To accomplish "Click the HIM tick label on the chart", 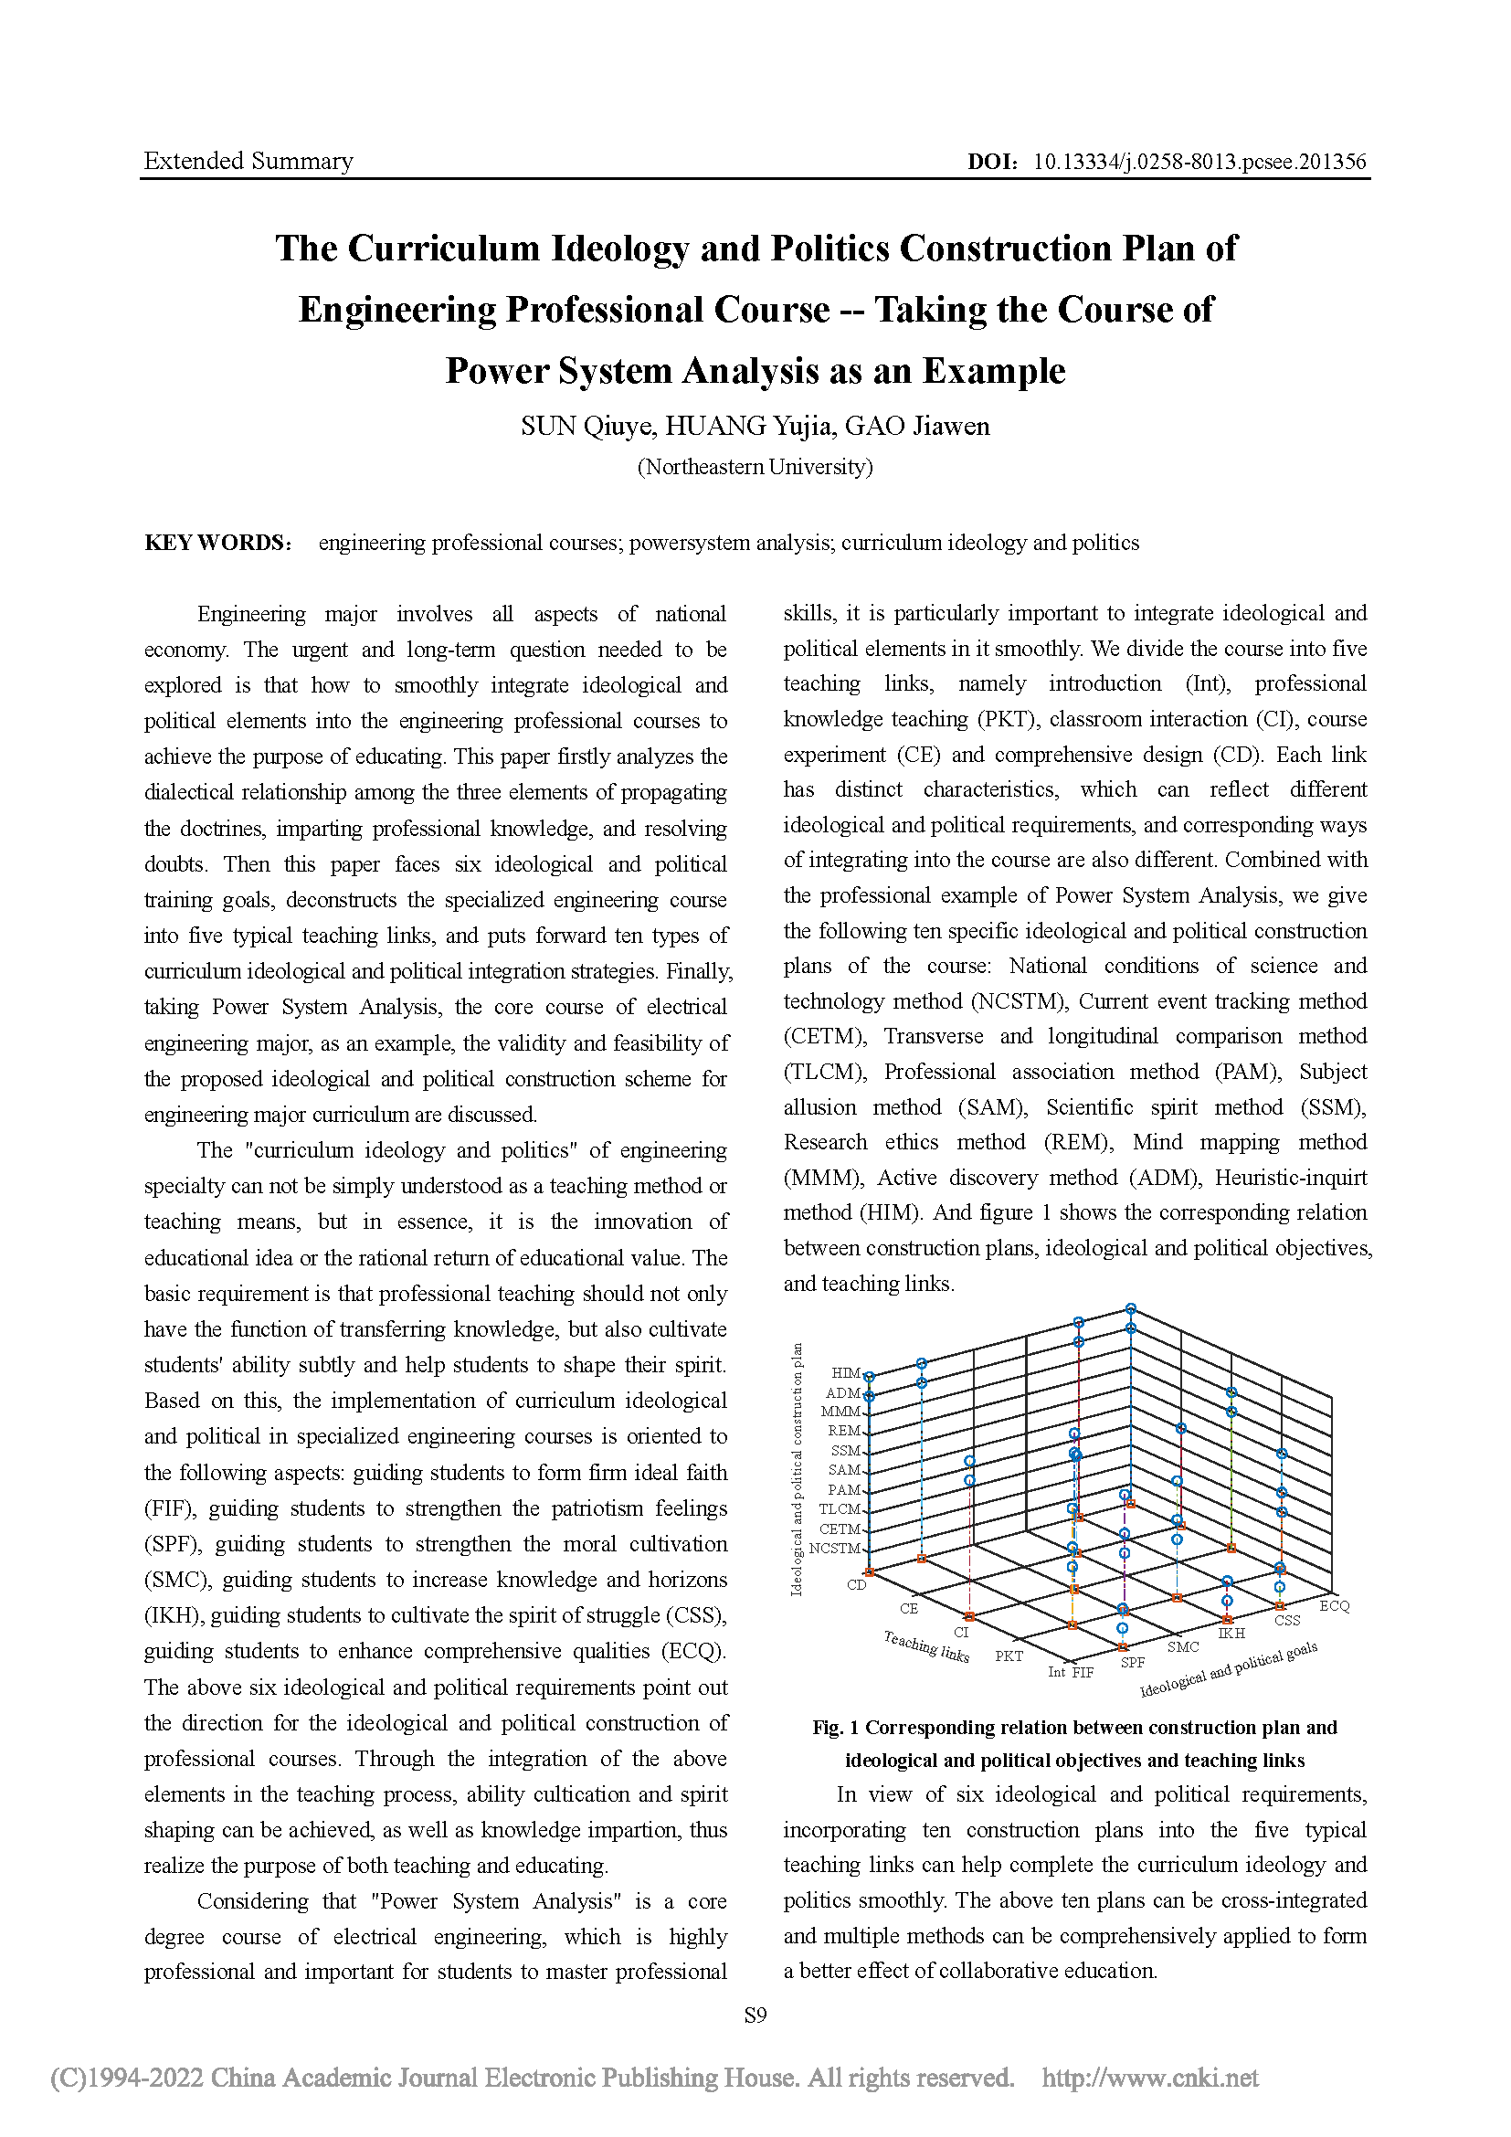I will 845,1373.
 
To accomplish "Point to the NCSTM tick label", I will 834,1549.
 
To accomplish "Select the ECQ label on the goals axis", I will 1334,1605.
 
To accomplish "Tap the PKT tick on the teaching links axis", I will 1009,1656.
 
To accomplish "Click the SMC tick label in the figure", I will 1182,1646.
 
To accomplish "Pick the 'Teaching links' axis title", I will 925,1646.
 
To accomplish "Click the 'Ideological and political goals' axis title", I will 1228,1670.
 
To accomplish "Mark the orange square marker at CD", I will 869,1572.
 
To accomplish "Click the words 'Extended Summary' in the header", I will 248,161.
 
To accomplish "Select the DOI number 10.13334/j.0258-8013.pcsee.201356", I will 1199,161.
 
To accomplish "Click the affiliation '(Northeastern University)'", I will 755,466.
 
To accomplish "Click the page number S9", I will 755,2015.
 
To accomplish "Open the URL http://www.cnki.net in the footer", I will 1150,2078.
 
